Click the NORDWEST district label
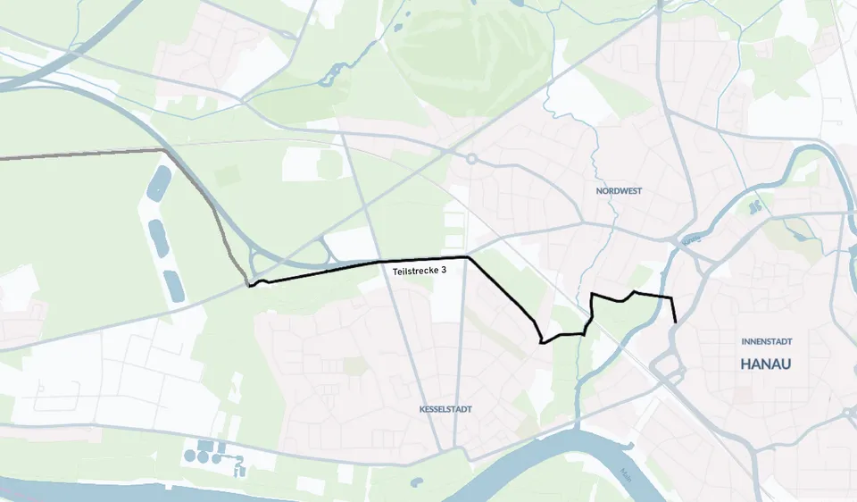[x=619, y=191]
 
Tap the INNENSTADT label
[x=766, y=341]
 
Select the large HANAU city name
[x=766, y=364]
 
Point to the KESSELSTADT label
[x=445, y=409]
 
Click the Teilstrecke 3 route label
[x=419, y=271]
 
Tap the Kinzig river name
[x=688, y=240]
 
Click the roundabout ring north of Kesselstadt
[x=470, y=159]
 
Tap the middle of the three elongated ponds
[x=158, y=238]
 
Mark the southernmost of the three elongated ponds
[x=172, y=283]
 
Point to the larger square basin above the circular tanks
[x=206, y=445]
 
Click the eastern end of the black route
[x=675, y=322]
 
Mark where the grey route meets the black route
[x=249, y=286]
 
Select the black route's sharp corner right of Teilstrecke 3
[x=468, y=257]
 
